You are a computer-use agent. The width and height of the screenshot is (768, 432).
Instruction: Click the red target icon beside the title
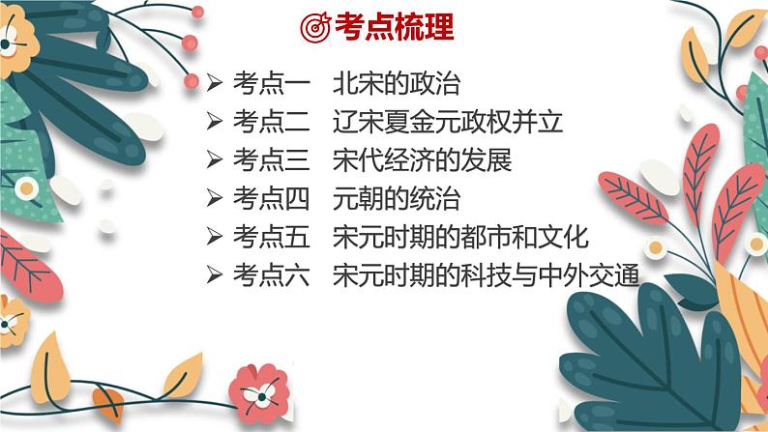click(x=315, y=27)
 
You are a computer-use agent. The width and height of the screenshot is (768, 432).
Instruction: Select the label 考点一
click(x=272, y=83)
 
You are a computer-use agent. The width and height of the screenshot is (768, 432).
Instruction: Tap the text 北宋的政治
click(x=397, y=83)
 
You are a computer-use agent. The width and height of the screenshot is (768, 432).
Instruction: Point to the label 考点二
click(x=272, y=122)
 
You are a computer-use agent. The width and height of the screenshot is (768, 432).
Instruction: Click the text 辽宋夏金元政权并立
click(x=447, y=122)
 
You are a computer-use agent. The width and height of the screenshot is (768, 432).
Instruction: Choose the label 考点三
click(x=272, y=160)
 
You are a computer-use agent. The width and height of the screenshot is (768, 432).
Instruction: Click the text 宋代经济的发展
click(x=422, y=160)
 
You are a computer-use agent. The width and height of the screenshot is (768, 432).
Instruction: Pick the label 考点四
click(x=272, y=198)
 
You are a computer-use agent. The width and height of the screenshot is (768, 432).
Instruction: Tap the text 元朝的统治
click(x=397, y=198)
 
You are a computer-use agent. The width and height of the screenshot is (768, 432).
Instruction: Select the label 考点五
click(x=272, y=237)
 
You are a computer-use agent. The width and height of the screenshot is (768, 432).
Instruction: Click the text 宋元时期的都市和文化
click(x=459, y=237)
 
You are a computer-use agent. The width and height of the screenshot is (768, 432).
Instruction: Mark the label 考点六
click(x=272, y=275)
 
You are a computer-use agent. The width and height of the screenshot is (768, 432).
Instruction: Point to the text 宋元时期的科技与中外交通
click(x=486, y=275)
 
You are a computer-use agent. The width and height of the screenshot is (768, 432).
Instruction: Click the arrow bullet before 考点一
click(x=214, y=83)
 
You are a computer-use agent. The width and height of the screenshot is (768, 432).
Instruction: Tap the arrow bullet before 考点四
click(x=214, y=198)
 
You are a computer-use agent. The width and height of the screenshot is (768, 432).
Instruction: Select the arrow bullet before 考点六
click(x=214, y=274)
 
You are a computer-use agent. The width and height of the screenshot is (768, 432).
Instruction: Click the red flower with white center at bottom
click(x=259, y=393)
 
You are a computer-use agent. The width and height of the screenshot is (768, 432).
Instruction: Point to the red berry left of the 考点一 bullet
click(x=192, y=81)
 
